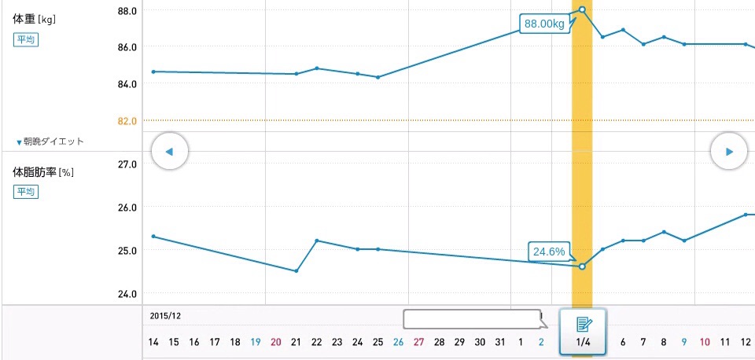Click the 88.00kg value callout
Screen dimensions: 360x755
point(544,24)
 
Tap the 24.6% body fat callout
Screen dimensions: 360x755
point(549,252)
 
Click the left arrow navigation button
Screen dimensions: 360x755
point(170,151)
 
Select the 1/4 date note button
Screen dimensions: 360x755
point(583,331)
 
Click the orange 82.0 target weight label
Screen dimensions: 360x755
point(127,120)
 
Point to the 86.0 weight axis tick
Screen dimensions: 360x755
point(127,46)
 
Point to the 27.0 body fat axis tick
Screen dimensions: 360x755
point(127,164)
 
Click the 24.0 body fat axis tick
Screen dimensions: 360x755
point(127,294)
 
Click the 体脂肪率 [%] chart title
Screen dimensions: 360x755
point(43,171)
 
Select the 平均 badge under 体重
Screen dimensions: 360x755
point(25,40)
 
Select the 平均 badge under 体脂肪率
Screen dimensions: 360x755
point(25,192)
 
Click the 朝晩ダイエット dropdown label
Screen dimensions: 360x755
point(50,141)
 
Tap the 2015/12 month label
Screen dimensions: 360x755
point(166,316)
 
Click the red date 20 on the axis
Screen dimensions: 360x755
point(275,342)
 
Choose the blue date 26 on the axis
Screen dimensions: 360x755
point(398,342)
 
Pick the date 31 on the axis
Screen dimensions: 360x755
point(500,342)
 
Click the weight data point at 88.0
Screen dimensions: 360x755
point(582,9)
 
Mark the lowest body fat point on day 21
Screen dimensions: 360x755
point(296,271)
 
